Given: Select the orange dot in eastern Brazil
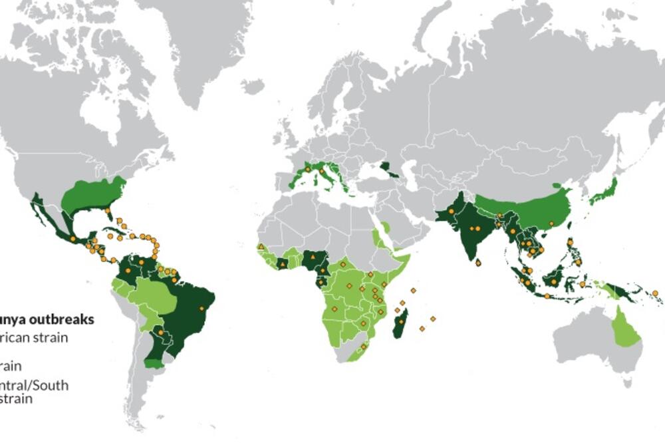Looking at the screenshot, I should [201, 308].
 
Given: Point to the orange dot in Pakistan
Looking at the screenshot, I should [452, 211].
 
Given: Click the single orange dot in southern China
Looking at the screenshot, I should [551, 223].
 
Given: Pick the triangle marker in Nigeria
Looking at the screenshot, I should [311, 256].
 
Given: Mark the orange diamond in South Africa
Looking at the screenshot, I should [363, 347].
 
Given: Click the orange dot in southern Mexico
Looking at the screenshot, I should [72, 238].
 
